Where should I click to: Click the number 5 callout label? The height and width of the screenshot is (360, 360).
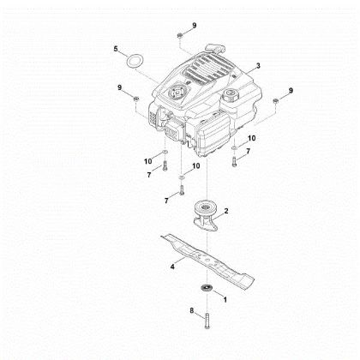click(x=115, y=49)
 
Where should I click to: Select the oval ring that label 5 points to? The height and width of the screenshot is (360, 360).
click(x=133, y=63)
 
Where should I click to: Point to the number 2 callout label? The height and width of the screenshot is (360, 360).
click(x=225, y=210)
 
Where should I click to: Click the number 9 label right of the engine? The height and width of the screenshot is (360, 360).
click(x=291, y=91)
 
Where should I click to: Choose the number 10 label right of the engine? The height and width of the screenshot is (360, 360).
click(x=251, y=138)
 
